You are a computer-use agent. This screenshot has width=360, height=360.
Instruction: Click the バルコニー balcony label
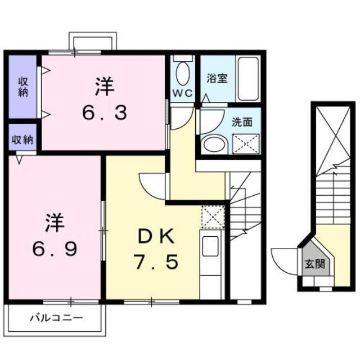tap(56, 318)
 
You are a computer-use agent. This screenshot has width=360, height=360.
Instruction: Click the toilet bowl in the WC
tap(182, 73)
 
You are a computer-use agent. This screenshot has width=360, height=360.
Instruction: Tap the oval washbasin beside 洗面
tap(213, 143)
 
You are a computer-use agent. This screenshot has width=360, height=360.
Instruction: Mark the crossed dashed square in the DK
tap(213, 217)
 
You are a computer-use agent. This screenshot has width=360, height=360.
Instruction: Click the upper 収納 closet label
tap(22, 87)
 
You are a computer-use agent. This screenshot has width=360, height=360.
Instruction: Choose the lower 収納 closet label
tap(22, 139)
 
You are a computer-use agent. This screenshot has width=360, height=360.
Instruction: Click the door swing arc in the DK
tap(153, 184)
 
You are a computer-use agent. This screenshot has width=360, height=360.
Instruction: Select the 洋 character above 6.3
tap(105, 87)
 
